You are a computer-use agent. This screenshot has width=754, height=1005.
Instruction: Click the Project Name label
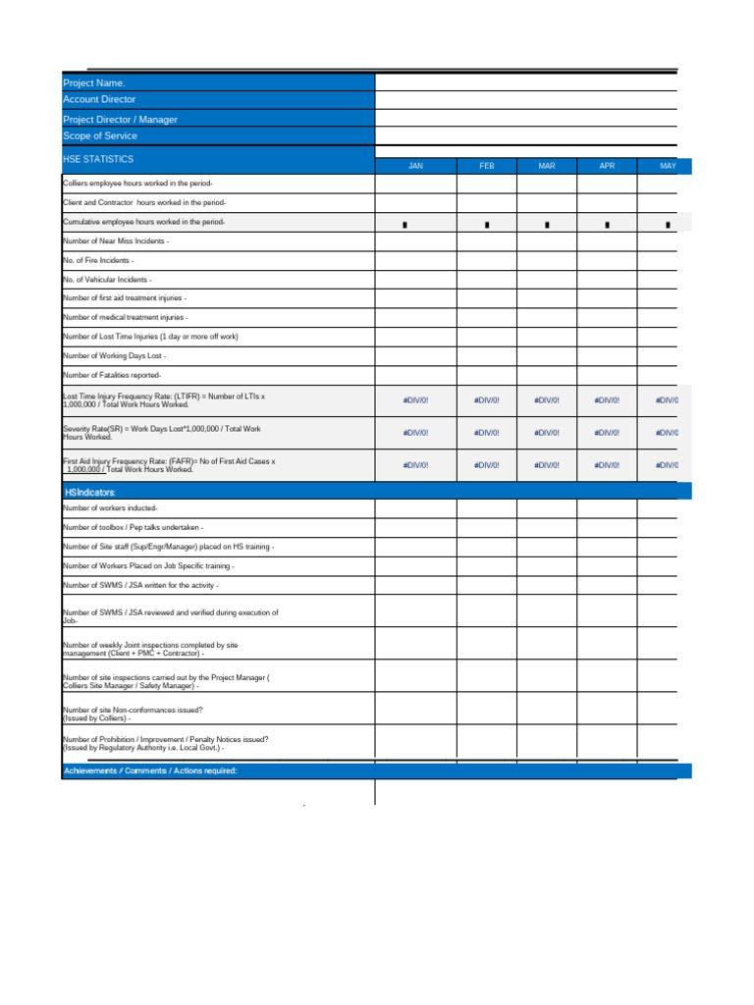click(94, 83)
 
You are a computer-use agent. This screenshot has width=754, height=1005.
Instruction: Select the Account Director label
click(99, 100)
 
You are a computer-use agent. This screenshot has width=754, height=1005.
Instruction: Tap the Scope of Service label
click(100, 136)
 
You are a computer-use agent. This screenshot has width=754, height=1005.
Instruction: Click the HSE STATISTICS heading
click(98, 159)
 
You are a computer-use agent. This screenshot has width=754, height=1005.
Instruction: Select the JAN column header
click(415, 167)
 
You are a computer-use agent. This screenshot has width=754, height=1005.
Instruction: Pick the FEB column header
click(487, 167)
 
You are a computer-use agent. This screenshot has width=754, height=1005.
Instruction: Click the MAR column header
click(547, 167)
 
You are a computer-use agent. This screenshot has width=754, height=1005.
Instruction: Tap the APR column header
click(607, 167)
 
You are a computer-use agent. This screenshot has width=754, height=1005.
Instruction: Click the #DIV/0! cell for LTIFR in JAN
click(415, 400)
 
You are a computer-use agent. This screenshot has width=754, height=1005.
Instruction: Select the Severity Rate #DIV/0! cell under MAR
click(547, 433)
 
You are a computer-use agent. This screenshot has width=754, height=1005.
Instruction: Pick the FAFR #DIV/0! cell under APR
click(607, 465)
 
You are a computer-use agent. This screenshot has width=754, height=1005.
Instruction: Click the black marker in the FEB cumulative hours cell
click(487, 225)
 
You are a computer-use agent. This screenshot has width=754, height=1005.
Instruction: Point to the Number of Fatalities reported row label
click(112, 375)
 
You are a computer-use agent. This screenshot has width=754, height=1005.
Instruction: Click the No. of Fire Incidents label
click(98, 260)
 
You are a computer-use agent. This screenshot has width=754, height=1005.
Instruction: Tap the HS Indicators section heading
click(89, 491)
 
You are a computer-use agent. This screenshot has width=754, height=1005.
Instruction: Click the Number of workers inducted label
click(110, 508)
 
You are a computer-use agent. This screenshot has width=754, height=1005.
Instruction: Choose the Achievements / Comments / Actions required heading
click(150, 771)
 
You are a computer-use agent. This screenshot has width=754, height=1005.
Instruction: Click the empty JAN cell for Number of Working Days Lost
click(415, 355)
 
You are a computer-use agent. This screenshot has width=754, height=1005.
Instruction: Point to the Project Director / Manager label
click(121, 120)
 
